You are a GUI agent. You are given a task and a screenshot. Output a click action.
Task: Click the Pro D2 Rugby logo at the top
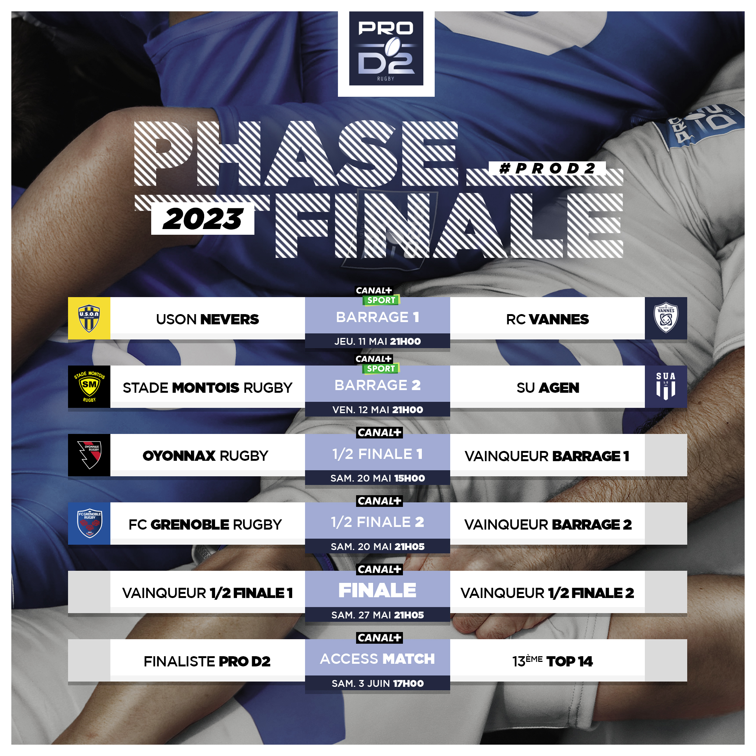coord(386,48)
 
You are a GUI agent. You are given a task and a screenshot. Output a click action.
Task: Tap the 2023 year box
coord(203,218)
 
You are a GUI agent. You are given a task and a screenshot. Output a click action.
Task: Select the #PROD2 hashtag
coord(547,169)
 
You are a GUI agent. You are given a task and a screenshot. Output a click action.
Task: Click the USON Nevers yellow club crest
coord(89,318)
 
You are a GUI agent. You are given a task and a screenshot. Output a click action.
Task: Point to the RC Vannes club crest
coord(666,318)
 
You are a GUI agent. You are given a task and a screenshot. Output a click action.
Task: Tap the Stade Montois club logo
coord(89,387)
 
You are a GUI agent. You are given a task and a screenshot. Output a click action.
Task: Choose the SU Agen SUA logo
coord(666,387)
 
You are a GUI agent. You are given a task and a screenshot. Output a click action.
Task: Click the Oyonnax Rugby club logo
coord(89,455)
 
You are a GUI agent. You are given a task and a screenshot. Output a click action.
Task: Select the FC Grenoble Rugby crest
coord(89,524)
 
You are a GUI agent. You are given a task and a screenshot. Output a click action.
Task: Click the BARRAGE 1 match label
coord(378,317)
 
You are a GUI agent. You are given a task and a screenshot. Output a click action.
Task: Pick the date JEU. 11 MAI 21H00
coord(378,341)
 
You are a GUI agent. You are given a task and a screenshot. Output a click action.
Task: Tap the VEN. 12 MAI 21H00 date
coord(378,410)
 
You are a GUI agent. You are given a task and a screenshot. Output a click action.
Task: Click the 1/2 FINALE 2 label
coord(378,522)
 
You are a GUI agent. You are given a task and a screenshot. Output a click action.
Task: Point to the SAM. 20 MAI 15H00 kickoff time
coord(378,478)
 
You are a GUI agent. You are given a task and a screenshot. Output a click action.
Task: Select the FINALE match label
coord(378,590)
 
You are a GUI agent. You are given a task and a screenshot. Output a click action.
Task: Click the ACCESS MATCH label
coord(378,659)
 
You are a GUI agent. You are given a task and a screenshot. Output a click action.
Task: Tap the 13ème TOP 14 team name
coord(553,661)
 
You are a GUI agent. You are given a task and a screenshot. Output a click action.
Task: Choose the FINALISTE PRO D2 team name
coord(207,661)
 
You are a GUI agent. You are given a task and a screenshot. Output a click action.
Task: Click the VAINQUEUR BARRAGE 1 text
coord(547,456)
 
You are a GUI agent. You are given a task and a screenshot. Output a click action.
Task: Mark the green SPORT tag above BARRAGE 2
coord(381,369)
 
